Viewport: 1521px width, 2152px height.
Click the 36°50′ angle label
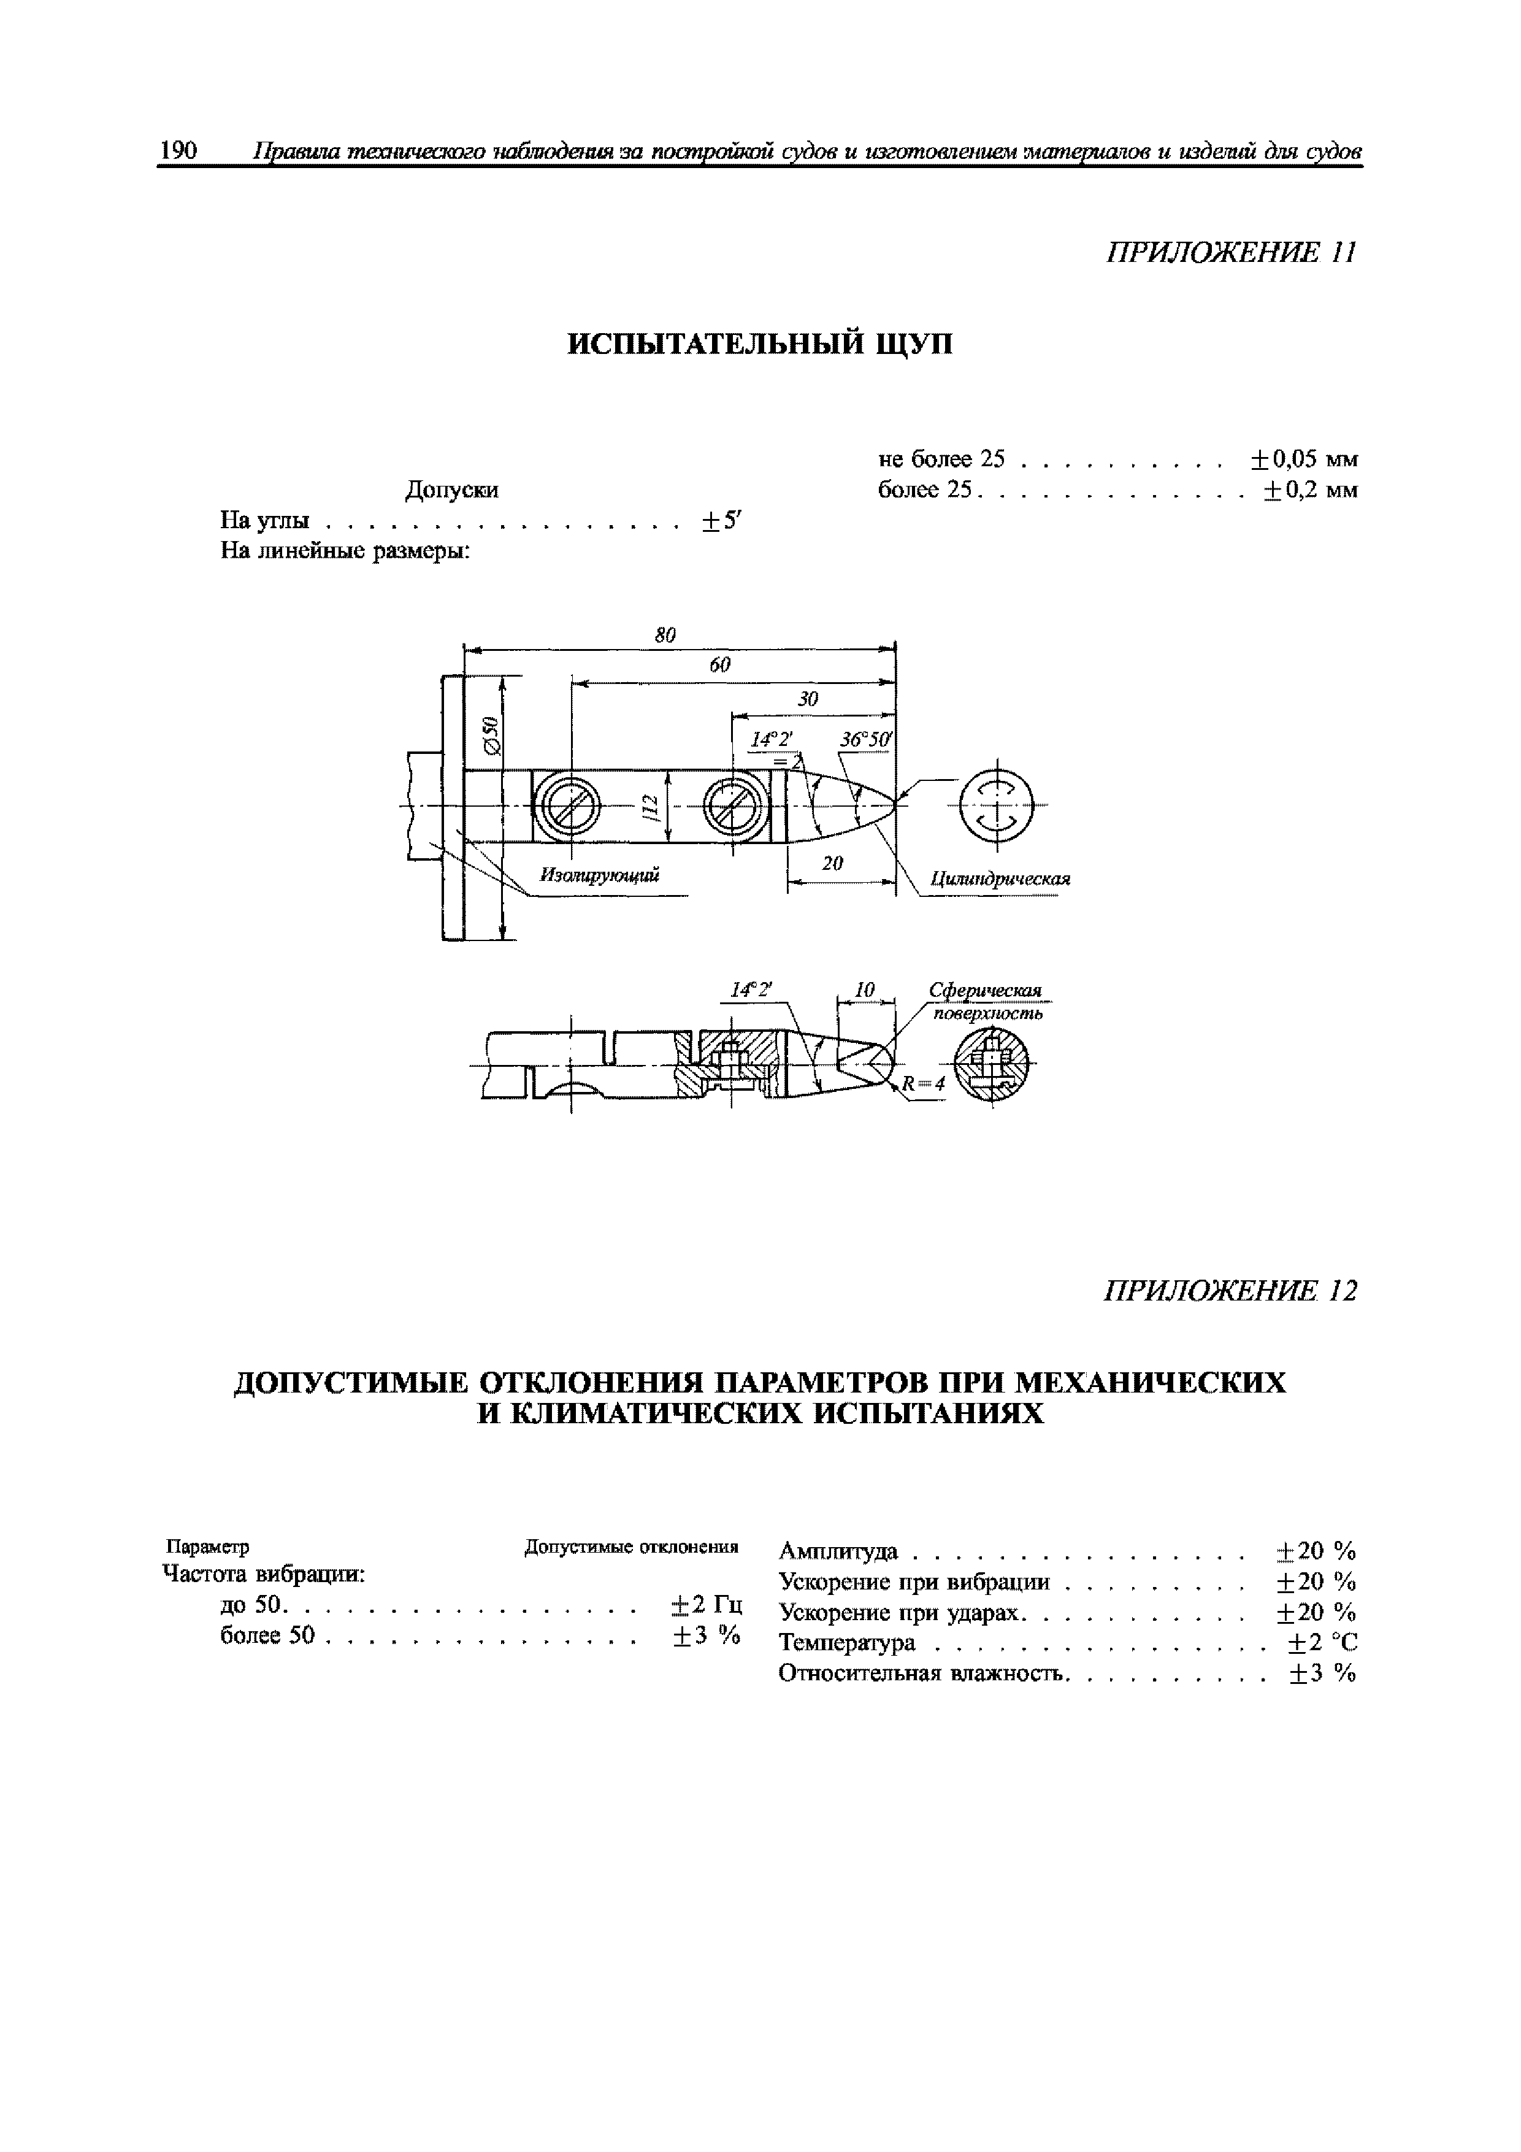867,739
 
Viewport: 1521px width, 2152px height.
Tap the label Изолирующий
600,875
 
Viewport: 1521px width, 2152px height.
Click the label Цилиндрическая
999,879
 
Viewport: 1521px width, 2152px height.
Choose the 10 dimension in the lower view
865,990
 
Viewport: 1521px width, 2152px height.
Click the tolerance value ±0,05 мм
1303,459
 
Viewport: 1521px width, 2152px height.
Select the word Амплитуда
838,1551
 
